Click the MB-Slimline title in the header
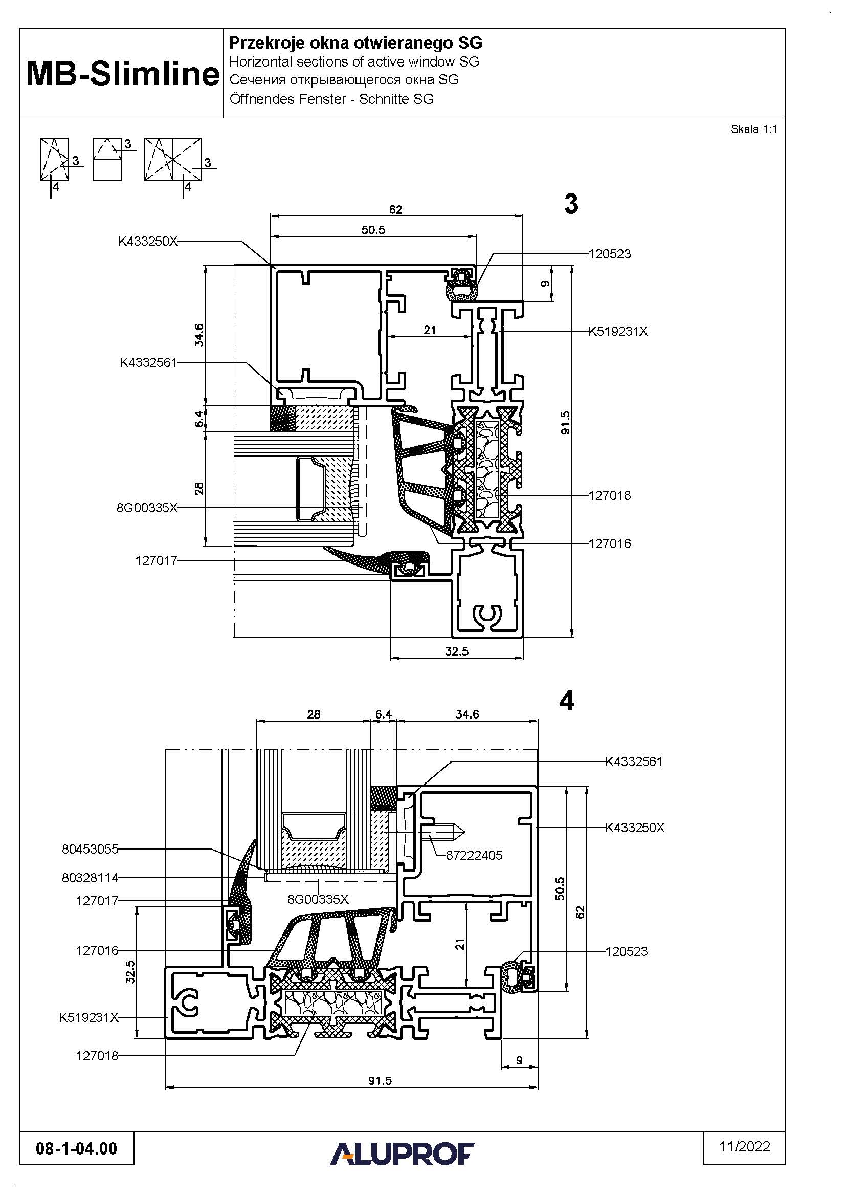tap(123, 74)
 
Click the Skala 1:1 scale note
tap(754, 129)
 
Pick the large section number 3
tap(571, 203)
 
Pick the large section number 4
tap(567, 701)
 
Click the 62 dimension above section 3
tap(396, 210)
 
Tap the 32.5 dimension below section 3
tap(457, 651)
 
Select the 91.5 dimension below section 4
tap(380, 1081)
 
